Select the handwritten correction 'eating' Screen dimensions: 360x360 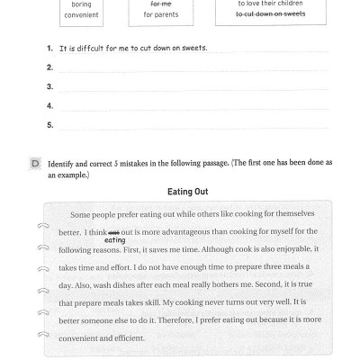point(115,239)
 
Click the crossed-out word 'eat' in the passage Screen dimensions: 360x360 point(113,231)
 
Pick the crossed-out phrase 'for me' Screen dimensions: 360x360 point(162,4)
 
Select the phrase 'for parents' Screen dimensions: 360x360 point(162,14)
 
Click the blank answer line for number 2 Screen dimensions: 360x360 point(189,68)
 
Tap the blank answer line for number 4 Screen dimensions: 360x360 point(189,107)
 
